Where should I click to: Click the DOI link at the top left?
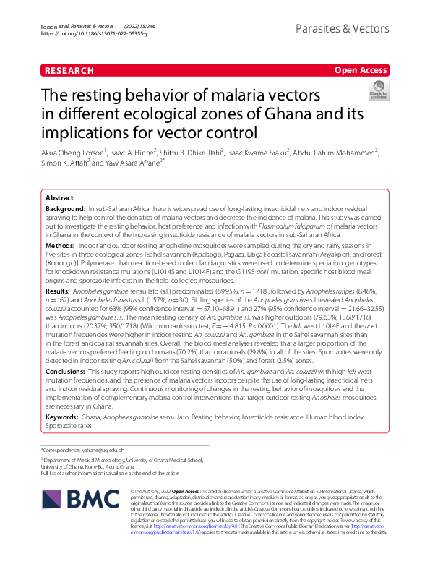(x=95, y=33)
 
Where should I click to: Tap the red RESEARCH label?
(x=69, y=70)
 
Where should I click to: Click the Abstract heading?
(x=59, y=197)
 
